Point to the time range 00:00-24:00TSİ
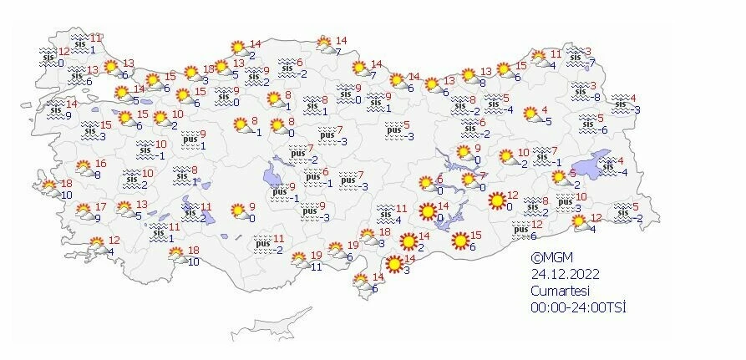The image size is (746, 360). point(578,307)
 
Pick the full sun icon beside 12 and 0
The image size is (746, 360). point(498,200)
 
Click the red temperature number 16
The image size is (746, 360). point(100,164)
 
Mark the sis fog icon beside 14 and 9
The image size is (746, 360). point(54,109)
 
